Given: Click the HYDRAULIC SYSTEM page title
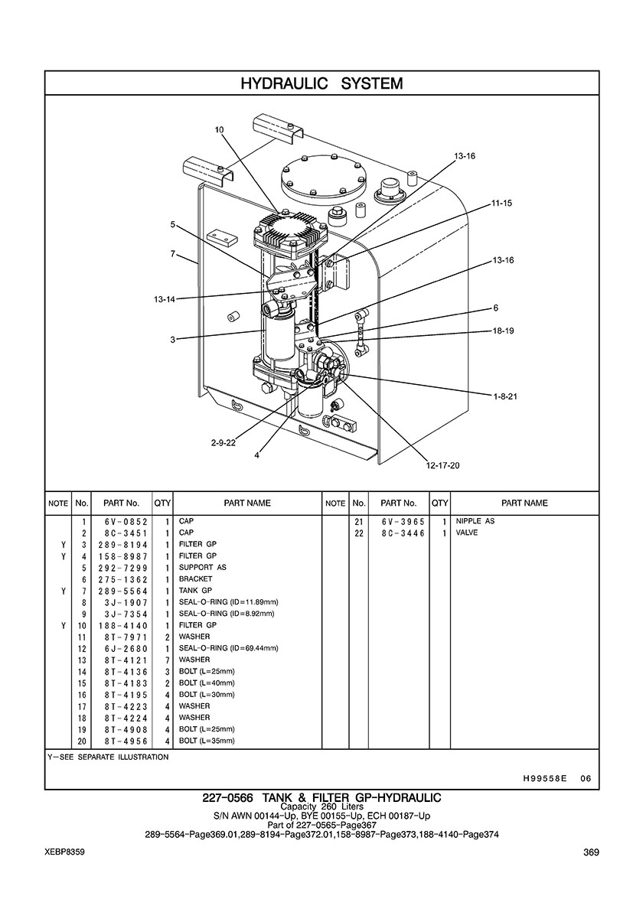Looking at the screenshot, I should (x=321, y=83).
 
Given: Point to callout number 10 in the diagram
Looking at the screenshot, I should (x=219, y=130).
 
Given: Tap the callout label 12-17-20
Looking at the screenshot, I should (x=443, y=464).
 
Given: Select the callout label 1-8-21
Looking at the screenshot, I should (x=506, y=396).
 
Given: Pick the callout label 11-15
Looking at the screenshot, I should (x=501, y=203).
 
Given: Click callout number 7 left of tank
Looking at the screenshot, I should (x=174, y=253).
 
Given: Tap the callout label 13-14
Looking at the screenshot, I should (x=164, y=299).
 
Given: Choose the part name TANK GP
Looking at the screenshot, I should (x=196, y=591).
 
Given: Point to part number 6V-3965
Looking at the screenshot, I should (x=397, y=521).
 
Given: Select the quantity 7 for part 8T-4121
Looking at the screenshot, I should (x=166, y=660).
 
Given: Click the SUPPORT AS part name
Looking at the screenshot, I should (x=202, y=568).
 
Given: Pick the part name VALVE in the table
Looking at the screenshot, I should (x=467, y=533).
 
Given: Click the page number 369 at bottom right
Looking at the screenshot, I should (x=590, y=852).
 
